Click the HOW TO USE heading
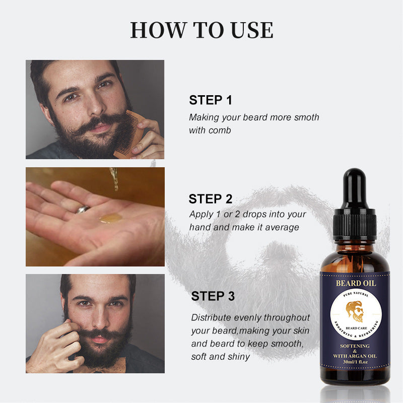click(201, 30)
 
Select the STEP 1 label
click(211, 100)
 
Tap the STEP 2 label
click(211, 198)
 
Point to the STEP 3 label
click(213, 296)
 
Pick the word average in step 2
click(281, 227)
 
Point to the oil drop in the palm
click(110, 218)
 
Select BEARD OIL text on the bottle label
click(356, 283)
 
